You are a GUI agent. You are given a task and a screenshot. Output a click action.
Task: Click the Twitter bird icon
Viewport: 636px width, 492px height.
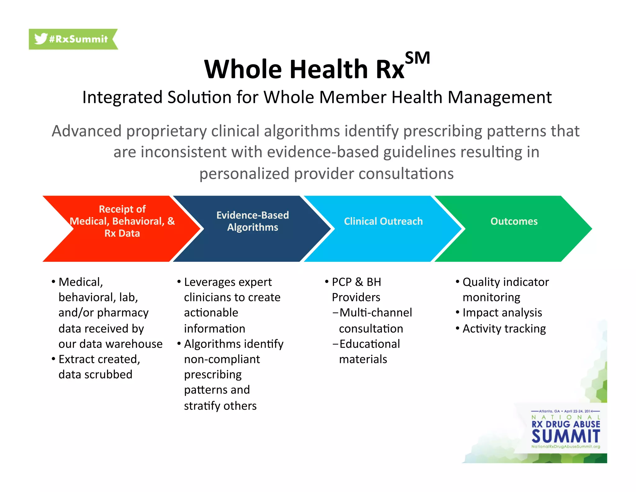40,39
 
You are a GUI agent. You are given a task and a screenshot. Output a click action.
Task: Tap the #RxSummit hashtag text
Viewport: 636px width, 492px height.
78,39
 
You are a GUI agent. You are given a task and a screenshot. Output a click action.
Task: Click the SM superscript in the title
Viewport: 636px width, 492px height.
417,58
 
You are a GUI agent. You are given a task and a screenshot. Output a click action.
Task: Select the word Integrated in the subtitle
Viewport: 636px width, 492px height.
122,97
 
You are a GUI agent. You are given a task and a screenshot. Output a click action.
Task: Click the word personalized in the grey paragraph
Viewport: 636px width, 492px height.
244,174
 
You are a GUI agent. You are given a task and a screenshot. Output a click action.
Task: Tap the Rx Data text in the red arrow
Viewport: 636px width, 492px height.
122,233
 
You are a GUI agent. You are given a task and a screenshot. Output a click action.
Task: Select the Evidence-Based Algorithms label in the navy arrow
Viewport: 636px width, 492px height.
252,221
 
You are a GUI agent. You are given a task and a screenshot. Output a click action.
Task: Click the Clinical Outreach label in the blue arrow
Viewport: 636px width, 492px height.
383,221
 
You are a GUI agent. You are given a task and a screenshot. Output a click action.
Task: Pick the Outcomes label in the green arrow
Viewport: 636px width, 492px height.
514,221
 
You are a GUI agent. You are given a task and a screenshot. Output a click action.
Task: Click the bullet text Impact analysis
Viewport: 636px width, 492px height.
502,313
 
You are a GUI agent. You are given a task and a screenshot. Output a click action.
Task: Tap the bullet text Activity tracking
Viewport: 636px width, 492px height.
504,329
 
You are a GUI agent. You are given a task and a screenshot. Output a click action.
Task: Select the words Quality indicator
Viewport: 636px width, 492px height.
506,282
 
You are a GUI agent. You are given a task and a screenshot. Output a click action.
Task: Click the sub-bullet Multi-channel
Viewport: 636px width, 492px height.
376,313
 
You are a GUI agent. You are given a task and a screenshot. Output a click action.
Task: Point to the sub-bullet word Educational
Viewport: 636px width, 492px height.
370,344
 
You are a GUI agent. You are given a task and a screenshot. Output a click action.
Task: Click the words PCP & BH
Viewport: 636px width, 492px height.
356,282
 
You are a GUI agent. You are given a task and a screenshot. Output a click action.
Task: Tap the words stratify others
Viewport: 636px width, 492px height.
220,406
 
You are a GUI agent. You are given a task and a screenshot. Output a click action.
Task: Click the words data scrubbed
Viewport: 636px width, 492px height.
95,374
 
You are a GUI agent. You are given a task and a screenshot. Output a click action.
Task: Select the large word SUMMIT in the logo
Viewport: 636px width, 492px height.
566,436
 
